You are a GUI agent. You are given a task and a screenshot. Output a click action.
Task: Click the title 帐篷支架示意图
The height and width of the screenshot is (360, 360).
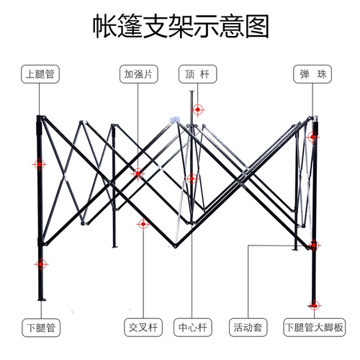(181, 26)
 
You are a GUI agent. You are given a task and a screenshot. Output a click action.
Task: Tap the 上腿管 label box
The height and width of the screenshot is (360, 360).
(40, 74)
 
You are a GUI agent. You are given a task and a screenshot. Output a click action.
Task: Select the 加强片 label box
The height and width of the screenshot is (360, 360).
(139, 74)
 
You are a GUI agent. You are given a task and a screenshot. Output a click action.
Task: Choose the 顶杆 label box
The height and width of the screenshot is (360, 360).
(197, 74)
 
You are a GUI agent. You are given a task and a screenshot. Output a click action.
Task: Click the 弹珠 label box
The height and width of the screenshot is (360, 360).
(312, 74)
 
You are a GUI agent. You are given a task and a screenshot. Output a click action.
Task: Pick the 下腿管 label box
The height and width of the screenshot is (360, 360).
(41, 328)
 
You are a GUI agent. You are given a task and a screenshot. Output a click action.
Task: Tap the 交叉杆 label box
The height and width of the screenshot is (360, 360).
(143, 328)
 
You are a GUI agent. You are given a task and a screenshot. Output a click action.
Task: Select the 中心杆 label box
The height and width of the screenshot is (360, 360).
(193, 328)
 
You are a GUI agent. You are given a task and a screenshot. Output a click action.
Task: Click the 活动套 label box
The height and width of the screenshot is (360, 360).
(248, 328)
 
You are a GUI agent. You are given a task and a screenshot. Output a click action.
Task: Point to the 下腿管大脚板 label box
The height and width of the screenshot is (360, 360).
(315, 328)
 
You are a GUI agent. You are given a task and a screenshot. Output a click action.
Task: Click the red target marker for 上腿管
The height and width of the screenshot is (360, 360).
(40, 164)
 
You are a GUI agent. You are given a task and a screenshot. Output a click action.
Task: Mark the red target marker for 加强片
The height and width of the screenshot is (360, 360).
(138, 174)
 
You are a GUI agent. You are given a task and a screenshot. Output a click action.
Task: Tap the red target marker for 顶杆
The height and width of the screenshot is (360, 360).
(198, 109)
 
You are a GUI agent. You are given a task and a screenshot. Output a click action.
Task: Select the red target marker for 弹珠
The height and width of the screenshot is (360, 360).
(312, 137)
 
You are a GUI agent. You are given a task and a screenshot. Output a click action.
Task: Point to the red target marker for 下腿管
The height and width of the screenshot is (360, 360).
(41, 264)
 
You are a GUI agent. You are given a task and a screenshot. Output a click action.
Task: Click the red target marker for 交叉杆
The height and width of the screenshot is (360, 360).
(143, 224)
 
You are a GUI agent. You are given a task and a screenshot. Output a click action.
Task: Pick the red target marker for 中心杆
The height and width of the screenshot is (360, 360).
(192, 179)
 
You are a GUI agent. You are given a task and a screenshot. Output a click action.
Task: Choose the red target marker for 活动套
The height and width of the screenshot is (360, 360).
(314, 246)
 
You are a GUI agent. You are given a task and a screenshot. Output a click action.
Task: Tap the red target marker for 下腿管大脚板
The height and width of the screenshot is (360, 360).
(314, 305)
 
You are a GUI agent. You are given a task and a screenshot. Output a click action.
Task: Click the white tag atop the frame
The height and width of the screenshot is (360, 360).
(175, 120)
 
